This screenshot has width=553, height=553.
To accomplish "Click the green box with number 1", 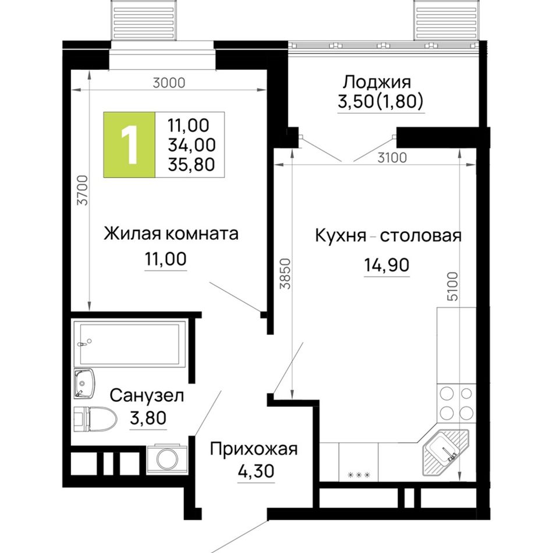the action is click(129, 144).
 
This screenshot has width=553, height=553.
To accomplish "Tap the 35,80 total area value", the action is click(192, 164).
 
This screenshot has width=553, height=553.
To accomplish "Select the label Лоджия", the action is click(377, 83).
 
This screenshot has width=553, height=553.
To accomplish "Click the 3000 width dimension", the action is click(169, 83).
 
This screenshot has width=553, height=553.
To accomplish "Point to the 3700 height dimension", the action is click(83, 190).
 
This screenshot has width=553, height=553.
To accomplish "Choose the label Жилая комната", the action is click(171, 234).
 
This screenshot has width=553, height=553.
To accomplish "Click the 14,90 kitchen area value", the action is click(387, 264).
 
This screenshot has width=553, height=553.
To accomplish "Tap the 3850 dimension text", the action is click(285, 274).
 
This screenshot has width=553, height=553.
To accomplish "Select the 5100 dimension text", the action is click(452, 286).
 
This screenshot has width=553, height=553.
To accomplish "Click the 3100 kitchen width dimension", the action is click(392, 158).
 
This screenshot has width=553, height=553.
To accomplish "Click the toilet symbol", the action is click(95, 419).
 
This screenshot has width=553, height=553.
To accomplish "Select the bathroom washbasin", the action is click(84, 384).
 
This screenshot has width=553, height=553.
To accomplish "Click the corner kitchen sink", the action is click(445, 452).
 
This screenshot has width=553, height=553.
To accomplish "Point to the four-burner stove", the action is click(456, 403).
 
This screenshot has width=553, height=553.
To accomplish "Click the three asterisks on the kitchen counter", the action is click(359, 475).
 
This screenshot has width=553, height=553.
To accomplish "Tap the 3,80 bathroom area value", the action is click(148, 419).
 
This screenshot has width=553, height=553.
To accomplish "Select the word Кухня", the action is click(341, 236).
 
